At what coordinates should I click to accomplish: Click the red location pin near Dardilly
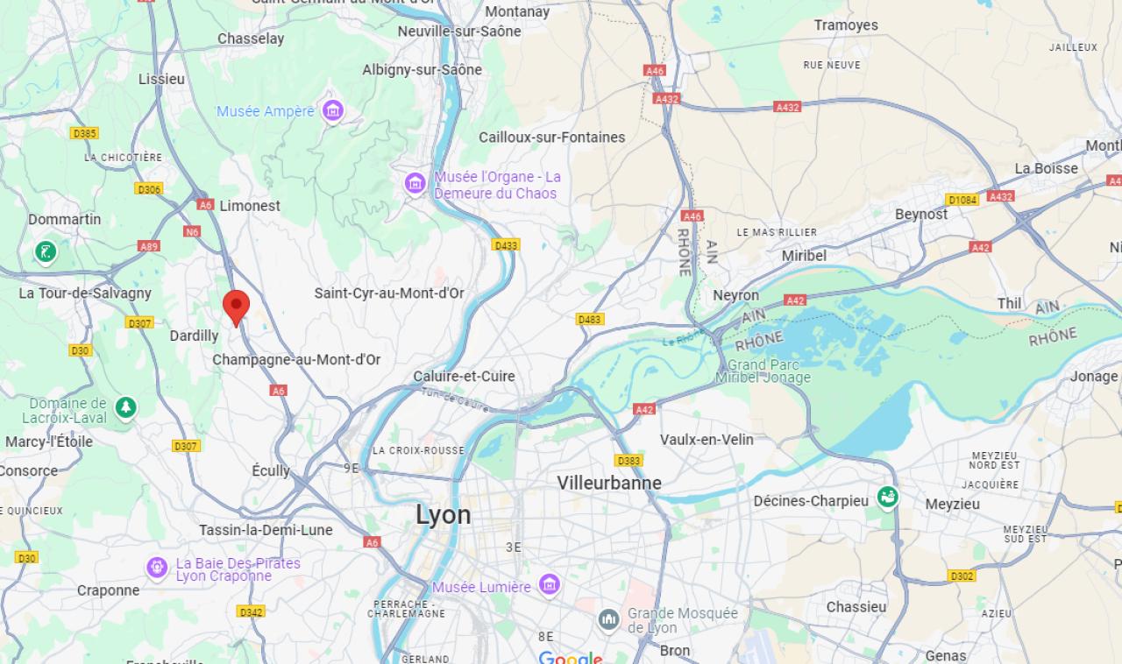236,307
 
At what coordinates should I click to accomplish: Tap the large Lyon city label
443,515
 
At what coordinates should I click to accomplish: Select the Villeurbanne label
609,483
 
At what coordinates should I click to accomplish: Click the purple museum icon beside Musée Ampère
332,111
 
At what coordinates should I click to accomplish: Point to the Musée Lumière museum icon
550,584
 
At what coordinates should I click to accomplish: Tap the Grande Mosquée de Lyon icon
609,620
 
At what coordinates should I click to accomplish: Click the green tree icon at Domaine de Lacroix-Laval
126,408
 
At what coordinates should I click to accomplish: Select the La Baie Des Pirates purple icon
157,569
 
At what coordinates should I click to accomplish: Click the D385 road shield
84,133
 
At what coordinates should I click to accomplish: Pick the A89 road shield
149,247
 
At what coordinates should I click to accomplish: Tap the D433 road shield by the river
505,245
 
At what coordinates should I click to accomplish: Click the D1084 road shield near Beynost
962,200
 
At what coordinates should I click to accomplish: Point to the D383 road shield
628,461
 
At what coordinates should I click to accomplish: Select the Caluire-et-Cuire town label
464,376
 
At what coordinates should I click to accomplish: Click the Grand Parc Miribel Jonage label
763,371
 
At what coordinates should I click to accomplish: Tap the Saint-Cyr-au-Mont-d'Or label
389,293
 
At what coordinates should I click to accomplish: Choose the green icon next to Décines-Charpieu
887,498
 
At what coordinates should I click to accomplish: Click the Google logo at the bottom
571,657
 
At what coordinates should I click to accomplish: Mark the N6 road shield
192,231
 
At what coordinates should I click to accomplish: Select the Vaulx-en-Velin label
707,439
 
